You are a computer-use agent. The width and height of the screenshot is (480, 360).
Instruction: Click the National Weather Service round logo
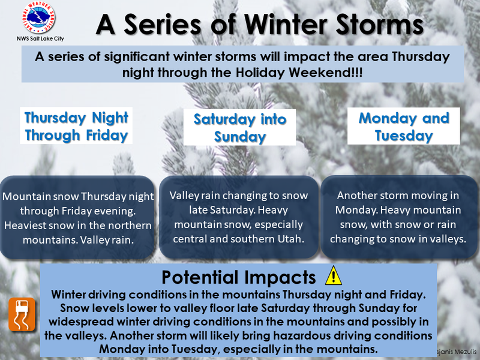[38, 17]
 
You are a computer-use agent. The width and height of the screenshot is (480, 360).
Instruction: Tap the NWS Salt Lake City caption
[40, 38]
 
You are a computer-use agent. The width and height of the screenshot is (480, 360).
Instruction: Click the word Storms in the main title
[380, 25]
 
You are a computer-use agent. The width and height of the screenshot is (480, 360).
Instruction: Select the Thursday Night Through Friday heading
[76, 126]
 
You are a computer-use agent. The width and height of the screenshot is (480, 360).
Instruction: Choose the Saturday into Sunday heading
[239, 128]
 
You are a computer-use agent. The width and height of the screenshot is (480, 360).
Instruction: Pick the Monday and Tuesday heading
[404, 127]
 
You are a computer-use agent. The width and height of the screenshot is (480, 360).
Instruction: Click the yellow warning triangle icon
[334, 275]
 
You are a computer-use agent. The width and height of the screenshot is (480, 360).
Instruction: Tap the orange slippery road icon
[22, 314]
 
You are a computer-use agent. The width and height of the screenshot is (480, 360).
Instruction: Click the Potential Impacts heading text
[238, 277]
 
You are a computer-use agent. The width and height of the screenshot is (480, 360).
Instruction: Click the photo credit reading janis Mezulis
[457, 352]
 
